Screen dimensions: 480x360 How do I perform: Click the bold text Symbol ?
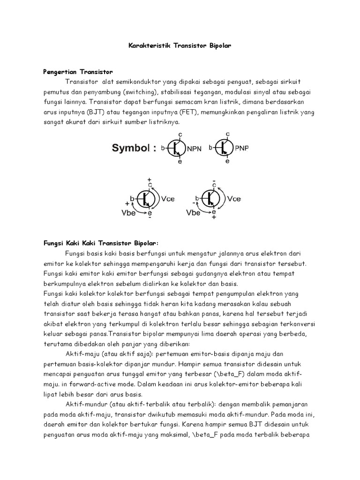(x=134, y=149)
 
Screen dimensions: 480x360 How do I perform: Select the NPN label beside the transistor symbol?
(x=196, y=149)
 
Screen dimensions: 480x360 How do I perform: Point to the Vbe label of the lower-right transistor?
(x=194, y=212)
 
